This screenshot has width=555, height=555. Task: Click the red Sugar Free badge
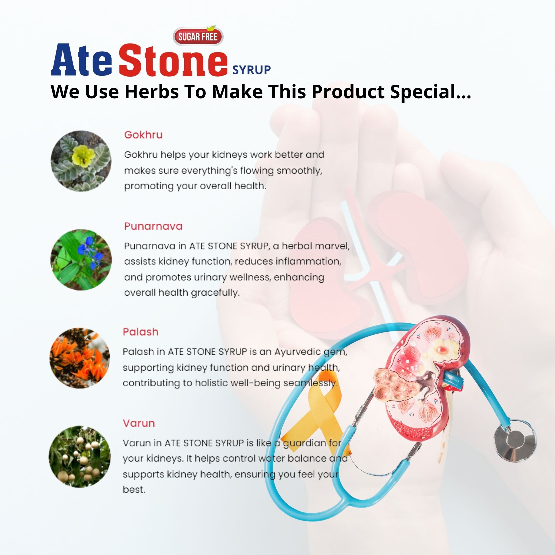pyautogui.click(x=198, y=36)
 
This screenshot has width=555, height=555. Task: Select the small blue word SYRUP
pyautogui.click(x=251, y=70)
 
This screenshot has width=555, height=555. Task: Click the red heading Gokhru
pyautogui.click(x=143, y=135)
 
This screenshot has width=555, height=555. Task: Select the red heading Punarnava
pyautogui.click(x=153, y=226)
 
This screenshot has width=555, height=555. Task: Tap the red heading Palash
pyautogui.click(x=140, y=332)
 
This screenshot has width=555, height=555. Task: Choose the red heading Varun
pyautogui.click(x=139, y=423)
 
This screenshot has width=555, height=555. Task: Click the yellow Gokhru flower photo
pyautogui.click(x=81, y=161)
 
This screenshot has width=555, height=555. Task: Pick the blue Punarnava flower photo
pyautogui.click(x=81, y=259)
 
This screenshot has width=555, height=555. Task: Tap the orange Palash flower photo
pyautogui.click(x=80, y=358)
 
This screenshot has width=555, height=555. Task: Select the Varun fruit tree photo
pyautogui.click(x=80, y=457)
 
